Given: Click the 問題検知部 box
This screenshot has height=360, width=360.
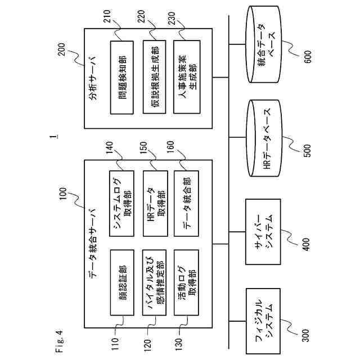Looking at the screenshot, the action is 121,78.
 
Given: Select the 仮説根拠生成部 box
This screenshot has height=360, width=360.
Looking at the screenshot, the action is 154,77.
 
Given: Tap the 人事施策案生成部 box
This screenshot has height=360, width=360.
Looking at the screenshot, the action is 187,77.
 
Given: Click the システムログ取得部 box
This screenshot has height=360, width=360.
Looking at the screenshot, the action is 121,204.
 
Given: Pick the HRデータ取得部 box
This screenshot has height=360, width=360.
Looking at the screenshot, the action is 155,204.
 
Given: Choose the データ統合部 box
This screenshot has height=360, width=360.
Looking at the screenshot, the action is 186,204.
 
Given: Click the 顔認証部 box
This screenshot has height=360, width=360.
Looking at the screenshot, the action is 122,282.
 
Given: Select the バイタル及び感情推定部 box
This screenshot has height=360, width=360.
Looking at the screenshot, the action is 154,282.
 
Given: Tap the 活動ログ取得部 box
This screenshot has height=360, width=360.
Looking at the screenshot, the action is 186,282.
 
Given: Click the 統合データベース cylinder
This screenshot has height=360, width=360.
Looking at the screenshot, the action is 264,44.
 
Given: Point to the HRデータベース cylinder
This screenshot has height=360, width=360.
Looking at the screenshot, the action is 264,138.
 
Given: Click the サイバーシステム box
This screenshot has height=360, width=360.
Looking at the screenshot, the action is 263,232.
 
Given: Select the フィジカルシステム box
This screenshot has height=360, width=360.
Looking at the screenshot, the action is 263,321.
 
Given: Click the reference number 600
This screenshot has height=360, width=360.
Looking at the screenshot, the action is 308,56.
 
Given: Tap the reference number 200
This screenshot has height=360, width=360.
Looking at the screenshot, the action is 62,49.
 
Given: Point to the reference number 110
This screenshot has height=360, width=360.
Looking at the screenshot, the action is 115,344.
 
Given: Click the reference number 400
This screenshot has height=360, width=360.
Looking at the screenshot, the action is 307,244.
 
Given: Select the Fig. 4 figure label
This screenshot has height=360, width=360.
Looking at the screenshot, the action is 59,341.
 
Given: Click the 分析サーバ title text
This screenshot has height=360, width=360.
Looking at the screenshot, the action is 93,78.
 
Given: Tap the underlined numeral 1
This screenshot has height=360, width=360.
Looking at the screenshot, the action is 54,137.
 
